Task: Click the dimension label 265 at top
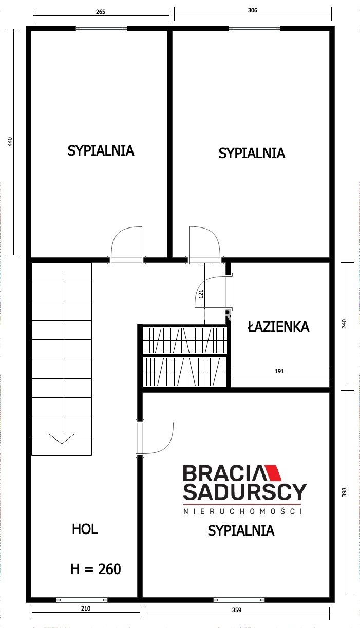100,11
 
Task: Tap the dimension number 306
252,10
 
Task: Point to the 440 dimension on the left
10,141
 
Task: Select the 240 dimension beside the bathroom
344,324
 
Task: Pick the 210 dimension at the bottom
86,608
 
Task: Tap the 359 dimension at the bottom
237,610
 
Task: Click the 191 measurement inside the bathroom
279,371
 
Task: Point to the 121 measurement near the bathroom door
201,294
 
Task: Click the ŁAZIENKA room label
278,327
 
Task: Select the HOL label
85,529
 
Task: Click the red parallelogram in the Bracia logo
273,473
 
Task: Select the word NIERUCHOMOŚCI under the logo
242,511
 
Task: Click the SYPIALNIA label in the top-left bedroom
101,151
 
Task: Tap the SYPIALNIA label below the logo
241,531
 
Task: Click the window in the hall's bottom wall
82,600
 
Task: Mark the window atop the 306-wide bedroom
255,28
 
